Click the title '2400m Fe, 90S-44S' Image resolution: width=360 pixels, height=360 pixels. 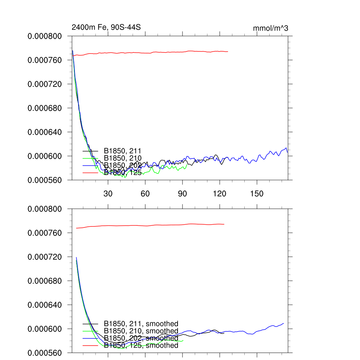[106, 27]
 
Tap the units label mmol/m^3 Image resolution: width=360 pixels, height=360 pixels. [270, 28]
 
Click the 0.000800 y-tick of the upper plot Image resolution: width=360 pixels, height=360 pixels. [44, 36]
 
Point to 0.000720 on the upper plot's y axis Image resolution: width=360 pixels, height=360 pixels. [44, 84]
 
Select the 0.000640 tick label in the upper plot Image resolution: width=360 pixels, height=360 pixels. [44, 132]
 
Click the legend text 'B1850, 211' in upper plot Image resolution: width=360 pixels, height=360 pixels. [122, 151]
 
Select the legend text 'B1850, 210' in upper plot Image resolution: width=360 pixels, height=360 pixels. [122, 158]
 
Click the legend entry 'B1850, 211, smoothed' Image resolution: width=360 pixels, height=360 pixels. [141, 323]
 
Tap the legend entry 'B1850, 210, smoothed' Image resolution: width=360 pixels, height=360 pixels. [141, 331]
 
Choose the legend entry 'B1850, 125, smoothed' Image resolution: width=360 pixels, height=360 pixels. [141, 346]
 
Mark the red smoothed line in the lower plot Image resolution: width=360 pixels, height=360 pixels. [158, 225]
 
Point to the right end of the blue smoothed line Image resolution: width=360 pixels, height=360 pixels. [283, 323]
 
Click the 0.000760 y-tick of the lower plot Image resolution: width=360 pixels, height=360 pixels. [44, 233]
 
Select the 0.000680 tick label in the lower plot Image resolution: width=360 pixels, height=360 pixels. [44, 281]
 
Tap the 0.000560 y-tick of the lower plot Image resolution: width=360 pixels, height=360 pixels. [44, 353]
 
